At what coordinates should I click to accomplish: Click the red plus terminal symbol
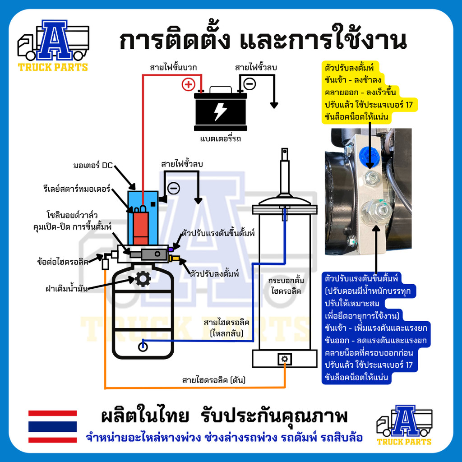click(188, 84)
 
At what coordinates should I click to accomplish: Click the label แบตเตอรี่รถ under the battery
click(220, 139)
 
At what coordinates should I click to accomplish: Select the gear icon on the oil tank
click(143, 279)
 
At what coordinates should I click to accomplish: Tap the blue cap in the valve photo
click(369, 155)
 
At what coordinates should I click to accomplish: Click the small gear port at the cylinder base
click(285, 359)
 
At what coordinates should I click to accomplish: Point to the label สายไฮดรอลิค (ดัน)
click(213, 380)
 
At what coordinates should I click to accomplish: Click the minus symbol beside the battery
click(249, 83)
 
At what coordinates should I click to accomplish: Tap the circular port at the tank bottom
click(143, 346)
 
